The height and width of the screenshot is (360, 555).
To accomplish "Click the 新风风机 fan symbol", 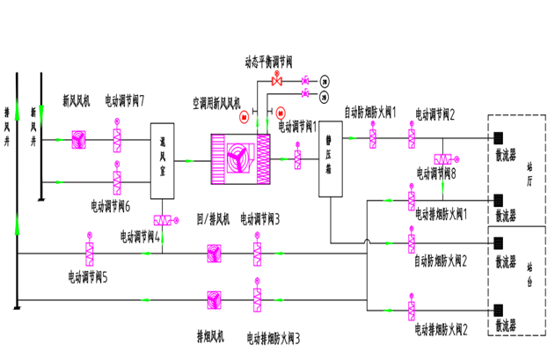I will [x=78, y=139].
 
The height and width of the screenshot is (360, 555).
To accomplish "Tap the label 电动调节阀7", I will [x=125, y=100].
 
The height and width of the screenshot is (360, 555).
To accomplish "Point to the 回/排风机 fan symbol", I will [x=214, y=254].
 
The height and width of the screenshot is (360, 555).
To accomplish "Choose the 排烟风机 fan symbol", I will [x=214, y=300].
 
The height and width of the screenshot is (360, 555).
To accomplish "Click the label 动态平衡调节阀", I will [x=268, y=62].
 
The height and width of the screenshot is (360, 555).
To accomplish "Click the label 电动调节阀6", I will [x=111, y=206].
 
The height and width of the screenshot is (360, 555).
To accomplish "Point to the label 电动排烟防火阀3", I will [x=274, y=338].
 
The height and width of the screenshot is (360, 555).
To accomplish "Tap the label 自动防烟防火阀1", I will [x=370, y=112].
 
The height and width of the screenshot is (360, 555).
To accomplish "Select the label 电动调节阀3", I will [x=260, y=218].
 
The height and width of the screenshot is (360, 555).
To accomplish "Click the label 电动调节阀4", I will [x=141, y=236].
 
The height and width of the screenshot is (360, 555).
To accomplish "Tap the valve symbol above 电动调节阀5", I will [x=90, y=254].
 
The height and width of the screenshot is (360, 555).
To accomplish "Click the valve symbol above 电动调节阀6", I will [x=117, y=183].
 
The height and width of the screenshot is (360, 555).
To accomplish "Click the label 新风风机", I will [x=76, y=100].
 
